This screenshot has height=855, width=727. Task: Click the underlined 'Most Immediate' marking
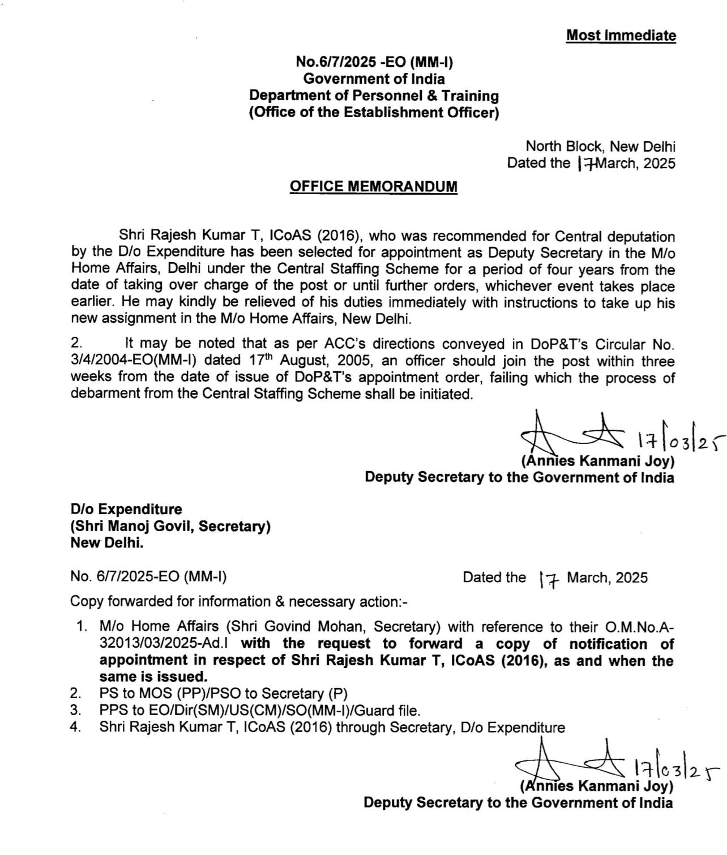[621, 36]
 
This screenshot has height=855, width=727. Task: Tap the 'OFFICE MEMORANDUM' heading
[373, 186]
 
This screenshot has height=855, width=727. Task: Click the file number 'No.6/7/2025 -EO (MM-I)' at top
[375, 63]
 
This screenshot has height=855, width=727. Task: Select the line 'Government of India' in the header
[374, 79]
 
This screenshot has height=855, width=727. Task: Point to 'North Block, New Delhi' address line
[601, 147]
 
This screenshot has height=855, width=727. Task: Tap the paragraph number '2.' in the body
[77, 344]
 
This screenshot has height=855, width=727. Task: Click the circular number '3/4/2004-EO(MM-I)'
[133, 361]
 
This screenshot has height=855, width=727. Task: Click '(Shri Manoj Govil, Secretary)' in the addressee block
[170, 526]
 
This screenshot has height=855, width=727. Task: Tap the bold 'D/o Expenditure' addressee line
[126, 509]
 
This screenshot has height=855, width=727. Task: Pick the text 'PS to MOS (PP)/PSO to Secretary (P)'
[223, 693]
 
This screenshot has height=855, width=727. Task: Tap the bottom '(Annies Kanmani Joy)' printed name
[597, 786]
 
